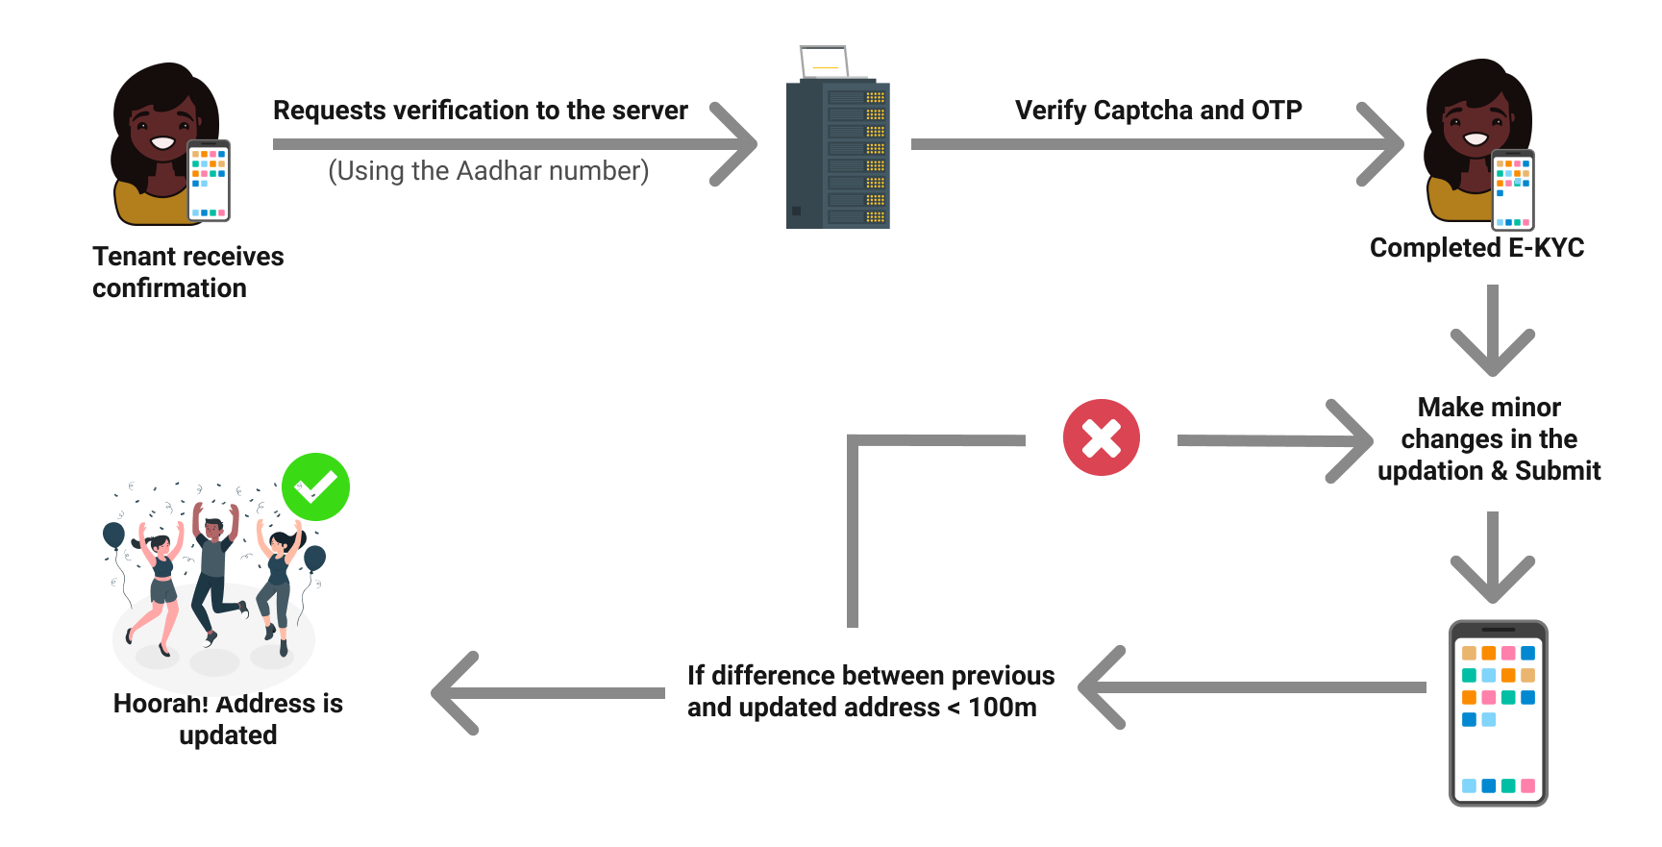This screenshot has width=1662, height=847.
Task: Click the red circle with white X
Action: [x=1101, y=437]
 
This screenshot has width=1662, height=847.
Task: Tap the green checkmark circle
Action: [x=315, y=486]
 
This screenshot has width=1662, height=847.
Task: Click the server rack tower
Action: [x=837, y=155]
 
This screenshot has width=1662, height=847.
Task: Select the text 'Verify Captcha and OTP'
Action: [x=1158, y=111]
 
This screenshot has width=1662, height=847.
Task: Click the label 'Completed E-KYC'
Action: [x=1476, y=248]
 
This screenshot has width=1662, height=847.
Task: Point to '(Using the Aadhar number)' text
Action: [x=488, y=171]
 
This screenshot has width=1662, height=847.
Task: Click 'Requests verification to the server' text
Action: [x=481, y=111]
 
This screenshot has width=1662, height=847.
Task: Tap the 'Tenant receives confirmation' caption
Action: [x=187, y=272]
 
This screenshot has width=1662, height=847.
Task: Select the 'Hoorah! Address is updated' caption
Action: [x=228, y=719]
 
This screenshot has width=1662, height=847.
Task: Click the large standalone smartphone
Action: [x=1498, y=712]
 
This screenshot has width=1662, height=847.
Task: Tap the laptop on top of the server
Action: [x=825, y=62]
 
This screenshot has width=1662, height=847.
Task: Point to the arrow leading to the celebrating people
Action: [x=548, y=693]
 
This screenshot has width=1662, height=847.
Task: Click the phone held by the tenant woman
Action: [x=209, y=181]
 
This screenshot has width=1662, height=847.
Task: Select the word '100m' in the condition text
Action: [x=1003, y=708]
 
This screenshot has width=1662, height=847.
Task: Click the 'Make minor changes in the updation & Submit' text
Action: [x=1489, y=439]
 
